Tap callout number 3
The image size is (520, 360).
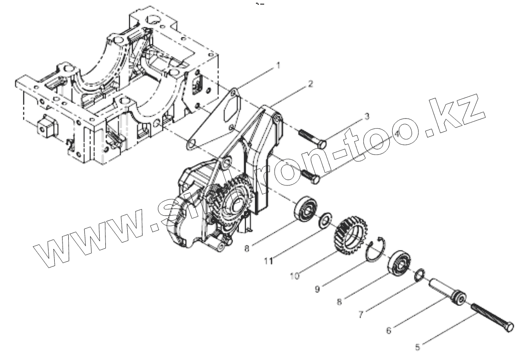(x=367, y=117)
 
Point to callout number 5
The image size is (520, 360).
(x=418, y=347)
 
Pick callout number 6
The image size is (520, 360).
(x=389, y=330)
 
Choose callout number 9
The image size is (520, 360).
(x=318, y=289)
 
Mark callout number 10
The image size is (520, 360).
(x=294, y=276)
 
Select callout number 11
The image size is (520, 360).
(x=268, y=261)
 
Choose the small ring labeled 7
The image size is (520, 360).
(x=418, y=275)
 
